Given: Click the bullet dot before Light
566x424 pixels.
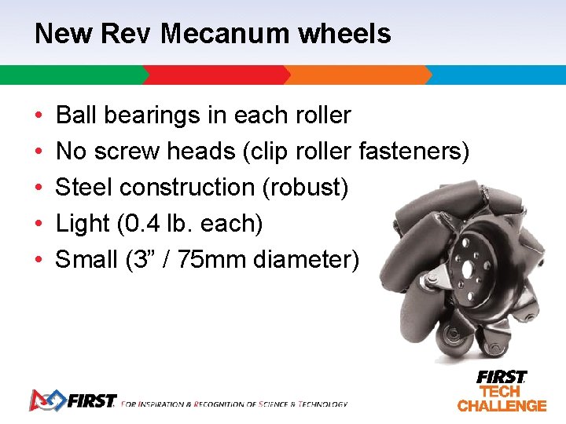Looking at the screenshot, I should click(39, 224).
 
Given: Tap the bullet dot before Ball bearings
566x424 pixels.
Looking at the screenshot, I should click(39, 116).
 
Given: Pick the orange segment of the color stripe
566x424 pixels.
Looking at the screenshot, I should click(358, 75).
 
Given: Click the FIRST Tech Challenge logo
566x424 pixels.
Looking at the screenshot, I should click(502, 391).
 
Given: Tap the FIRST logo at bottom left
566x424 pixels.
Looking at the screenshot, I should click(72, 400).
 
